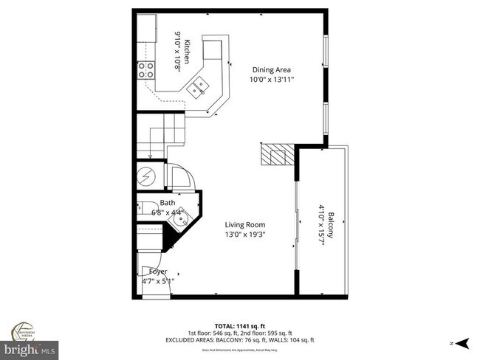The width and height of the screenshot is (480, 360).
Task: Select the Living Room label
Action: [245, 224]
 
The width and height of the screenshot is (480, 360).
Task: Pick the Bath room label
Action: [168, 202]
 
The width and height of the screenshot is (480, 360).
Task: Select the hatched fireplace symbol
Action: [276, 156]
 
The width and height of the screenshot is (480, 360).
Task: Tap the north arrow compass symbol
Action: [462, 342]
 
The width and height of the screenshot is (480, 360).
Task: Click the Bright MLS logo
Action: [30, 347]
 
